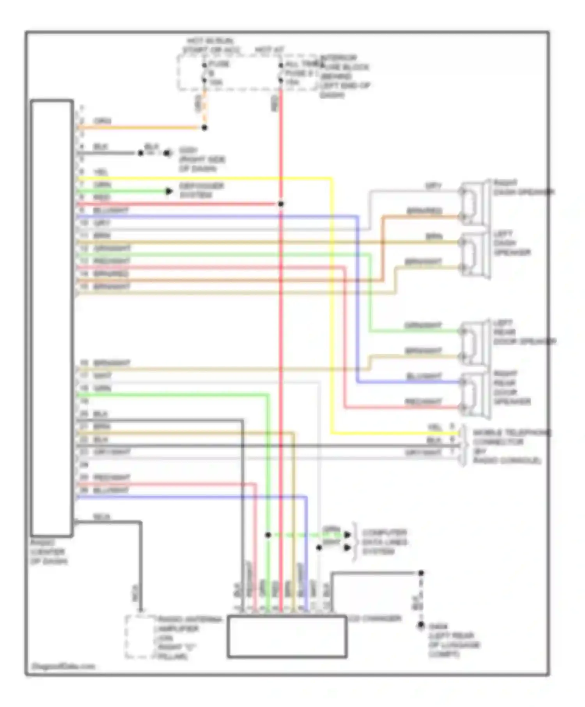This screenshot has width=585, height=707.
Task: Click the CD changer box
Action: click(287, 636)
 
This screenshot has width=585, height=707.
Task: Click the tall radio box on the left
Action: click(52, 318)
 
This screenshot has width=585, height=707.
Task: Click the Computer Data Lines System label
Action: click(385, 542)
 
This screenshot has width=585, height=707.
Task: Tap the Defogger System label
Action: click(201, 190)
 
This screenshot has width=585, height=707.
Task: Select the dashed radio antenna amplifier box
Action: click(140, 637)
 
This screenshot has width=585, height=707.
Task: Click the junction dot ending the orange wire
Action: click(204, 127)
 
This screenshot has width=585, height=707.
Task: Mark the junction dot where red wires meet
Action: click(280, 204)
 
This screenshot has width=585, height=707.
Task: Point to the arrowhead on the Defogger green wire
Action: click(169, 191)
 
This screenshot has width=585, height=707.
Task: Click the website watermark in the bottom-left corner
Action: click(63, 666)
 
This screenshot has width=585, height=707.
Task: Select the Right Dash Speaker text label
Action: click(523, 187)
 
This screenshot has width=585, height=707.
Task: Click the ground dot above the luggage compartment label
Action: click(421, 625)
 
